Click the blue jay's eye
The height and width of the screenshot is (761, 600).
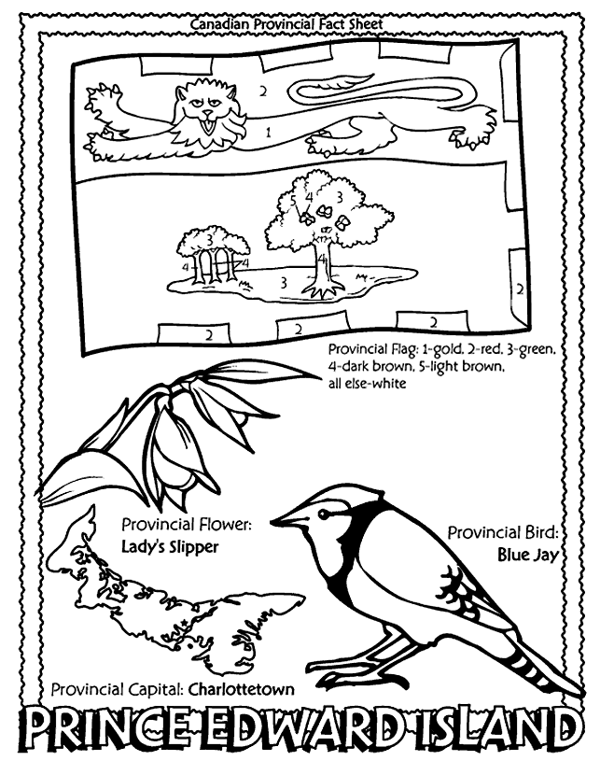[x=322, y=514]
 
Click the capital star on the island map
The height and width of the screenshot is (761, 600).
[x=183, y=623]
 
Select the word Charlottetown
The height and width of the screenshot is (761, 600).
[x=241, y=689]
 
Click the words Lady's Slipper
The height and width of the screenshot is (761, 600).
[x=170, y=547]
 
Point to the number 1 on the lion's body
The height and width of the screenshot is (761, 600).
[x=268, y=132]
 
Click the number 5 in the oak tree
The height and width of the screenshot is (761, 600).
[x=292, y=200]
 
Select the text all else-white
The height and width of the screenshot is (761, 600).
[x=367, y=384]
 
